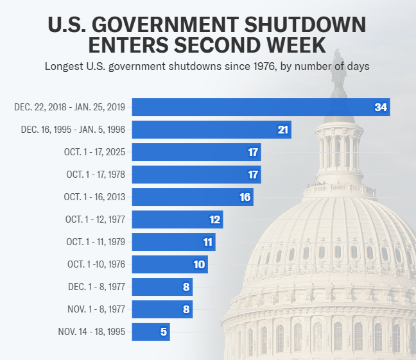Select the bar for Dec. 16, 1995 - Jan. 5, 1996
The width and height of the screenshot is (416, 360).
(211, 130)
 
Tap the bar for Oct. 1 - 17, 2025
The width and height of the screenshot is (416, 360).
(196, 152)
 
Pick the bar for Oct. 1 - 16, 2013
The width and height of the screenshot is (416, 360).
(192, 197)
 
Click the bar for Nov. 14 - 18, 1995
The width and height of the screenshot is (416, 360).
(150, 332)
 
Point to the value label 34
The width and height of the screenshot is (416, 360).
(381, 107)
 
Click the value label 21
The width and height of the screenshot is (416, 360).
(283, 130)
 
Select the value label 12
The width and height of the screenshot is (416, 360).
(214, 219)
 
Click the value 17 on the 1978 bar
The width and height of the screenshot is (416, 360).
(252, 175)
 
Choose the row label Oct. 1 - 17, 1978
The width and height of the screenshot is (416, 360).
(96, 175)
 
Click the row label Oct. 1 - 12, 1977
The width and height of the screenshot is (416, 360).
(96, 219)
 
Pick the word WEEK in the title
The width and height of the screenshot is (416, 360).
(295, 46)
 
